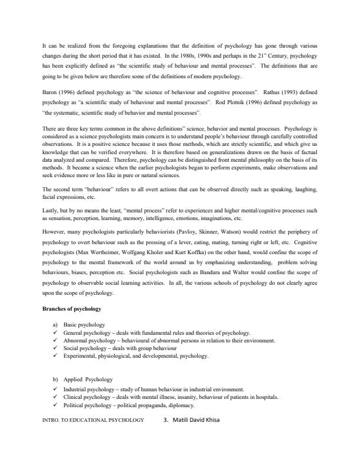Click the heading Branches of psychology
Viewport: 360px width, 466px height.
point(72,308)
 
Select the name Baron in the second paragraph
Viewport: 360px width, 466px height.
point(51,93)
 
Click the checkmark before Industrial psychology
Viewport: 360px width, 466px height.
point(55,388)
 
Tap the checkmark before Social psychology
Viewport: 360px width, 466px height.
point(55,348)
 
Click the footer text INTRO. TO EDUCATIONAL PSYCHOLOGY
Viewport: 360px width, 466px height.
point(94,421)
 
